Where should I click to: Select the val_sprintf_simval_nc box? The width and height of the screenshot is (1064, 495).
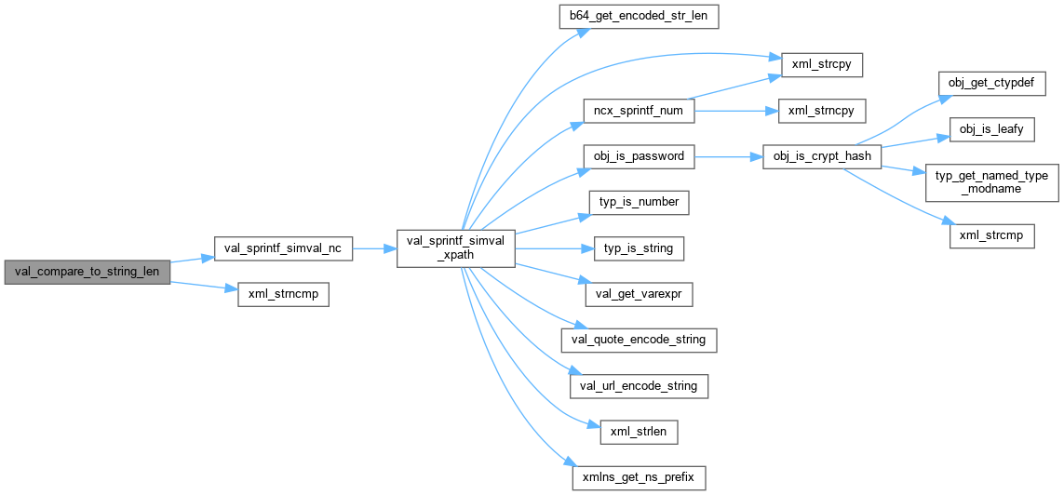click(283, 248)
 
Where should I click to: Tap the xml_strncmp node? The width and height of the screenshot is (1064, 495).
click(283, 294)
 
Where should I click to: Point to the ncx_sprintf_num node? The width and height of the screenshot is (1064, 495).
click(639, 111)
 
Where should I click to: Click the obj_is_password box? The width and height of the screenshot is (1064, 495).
click(639, 156)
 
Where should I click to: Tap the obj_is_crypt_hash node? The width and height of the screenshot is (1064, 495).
click(821, 156)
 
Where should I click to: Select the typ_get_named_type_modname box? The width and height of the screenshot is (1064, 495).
click(990, 182)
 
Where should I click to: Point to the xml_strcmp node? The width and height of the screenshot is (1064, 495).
click(990, 235)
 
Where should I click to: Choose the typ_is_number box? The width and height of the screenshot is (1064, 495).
click(639, 202)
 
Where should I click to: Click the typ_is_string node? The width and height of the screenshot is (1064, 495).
click(639, 248)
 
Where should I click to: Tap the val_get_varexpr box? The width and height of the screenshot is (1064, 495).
click(639, 294)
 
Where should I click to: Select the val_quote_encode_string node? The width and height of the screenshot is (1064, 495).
click(639, 340)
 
